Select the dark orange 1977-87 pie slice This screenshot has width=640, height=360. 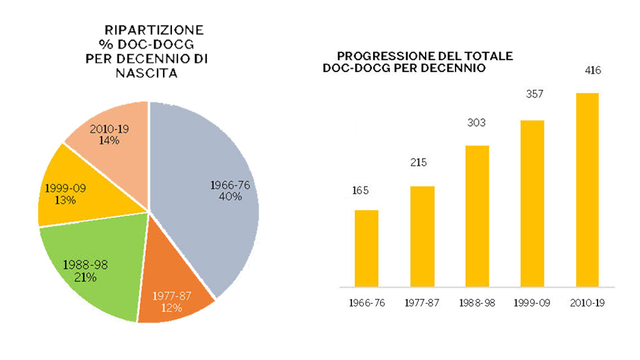172,294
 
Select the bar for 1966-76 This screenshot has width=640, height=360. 366,249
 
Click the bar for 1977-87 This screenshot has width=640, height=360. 422,237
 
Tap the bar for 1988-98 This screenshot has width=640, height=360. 477,216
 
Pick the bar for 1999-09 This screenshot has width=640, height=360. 532,204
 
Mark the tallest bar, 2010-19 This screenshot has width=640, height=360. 587,190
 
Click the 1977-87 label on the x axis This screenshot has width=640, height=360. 421,303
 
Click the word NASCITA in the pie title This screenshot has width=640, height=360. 146,73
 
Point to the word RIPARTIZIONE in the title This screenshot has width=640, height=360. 154,30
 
